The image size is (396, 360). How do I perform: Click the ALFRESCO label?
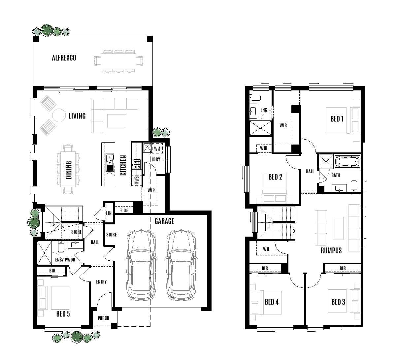[64, 58]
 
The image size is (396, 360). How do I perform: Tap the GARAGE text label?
[164, 221]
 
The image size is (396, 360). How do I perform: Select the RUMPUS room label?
[331, 250]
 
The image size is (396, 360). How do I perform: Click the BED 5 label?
[63, 313]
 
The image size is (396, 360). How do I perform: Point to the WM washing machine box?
[157, 149]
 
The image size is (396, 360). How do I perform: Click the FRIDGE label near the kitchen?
[124, 210]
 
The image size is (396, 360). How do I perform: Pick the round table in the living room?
[60, 115]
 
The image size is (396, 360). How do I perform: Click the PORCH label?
[103, 318]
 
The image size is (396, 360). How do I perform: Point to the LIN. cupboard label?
[109, 213]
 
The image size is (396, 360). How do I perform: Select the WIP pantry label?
[151, 190]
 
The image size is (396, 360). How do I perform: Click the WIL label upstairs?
[266, 249]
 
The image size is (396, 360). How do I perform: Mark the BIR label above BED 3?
[342, 268]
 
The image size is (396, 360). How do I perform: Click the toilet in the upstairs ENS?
[255, 97]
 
